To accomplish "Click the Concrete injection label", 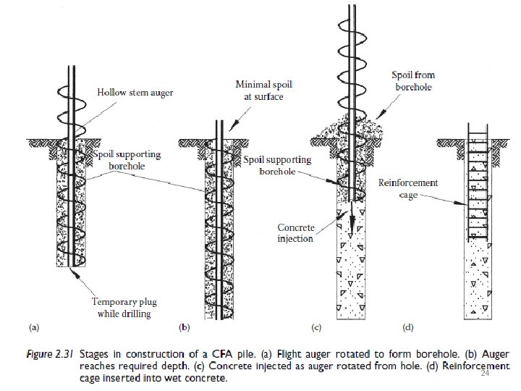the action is (296, 233).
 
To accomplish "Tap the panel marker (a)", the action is (34, 328).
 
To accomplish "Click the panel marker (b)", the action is (184, 328).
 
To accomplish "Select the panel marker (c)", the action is (316, 328).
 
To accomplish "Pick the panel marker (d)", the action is (407, 328).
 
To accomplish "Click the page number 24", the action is (485, 374).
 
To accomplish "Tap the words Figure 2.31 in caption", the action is (53, 355).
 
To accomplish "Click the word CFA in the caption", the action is (204, 355).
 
